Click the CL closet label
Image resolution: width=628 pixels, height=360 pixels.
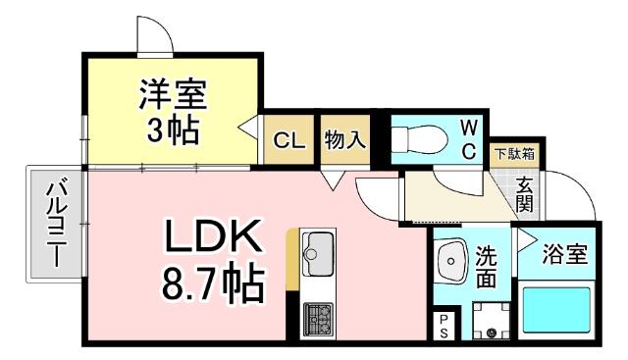point(288,140)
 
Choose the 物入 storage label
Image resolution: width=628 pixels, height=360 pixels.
point(345,139)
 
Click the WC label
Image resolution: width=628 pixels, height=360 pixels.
point(468,138)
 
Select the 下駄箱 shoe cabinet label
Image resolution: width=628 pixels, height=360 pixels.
point(513,153)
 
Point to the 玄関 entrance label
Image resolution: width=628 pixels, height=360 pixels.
point(525,194)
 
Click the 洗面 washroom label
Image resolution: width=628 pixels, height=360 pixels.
point(488,266)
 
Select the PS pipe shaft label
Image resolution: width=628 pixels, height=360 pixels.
point(444,326)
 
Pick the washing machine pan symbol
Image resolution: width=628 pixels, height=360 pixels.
point(488,320)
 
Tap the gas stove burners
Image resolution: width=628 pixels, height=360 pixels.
point(318,316)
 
